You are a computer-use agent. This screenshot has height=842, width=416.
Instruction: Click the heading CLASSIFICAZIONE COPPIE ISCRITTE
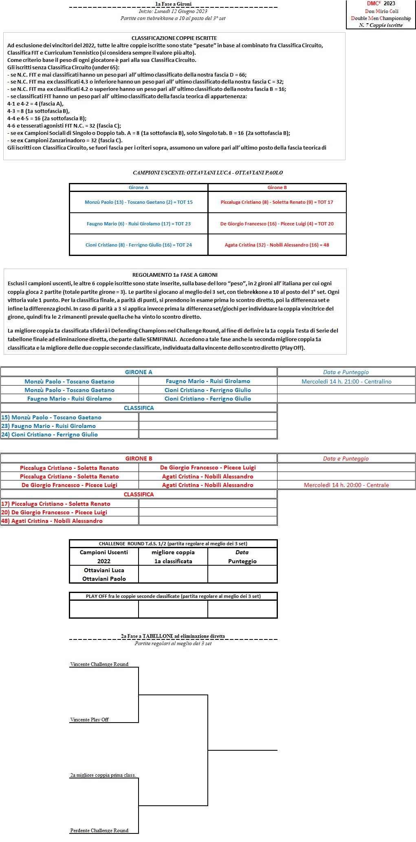pyautogui.click(x=174, y=38)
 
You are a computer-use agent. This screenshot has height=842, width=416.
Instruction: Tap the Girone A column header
pyautogui.click(x=139, y=187)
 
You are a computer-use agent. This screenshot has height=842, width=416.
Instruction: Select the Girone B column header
pyautogui.click(x=277, y=187)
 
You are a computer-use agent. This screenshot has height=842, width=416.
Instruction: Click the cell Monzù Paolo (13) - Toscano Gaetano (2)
pyautogui.click(x=139, y=202)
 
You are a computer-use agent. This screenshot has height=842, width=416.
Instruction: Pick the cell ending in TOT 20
pyautogui.click(x=277, y=224)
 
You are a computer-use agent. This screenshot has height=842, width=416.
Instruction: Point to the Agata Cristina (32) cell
pyautogui.click(x=277, y=245)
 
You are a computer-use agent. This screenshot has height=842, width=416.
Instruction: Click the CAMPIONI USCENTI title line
pyautogui.click(x=208, y=172)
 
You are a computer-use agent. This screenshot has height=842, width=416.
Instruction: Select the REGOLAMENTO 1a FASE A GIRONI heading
pyautogui.click(x=175, y=275)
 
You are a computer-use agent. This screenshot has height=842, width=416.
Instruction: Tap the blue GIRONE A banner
pyautogui.click(x=139, y=372)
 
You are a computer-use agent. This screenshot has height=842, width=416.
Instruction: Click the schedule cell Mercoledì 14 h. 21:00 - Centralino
pyautogui.click(x=346, y=381)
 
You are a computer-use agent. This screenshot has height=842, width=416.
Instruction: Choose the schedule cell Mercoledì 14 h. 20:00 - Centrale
pyautogui.click(x=346, y=485)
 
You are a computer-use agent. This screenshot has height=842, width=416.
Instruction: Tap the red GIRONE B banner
pyautogui.click(x=139, y=458)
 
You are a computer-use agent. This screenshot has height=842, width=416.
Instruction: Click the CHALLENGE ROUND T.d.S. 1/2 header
pyautogui.click(x=173, y=544)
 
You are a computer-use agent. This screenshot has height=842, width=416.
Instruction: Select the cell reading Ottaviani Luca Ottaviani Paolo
pyautogui.click(x=104, y=574)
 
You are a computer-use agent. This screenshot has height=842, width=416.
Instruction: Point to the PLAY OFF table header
pyautogui.click(x=173, y=596)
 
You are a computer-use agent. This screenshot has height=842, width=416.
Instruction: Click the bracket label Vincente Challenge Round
pyautogui.click(x=99, y=664)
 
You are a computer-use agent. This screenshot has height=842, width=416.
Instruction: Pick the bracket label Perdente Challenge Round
pyautogui.click(x=99, y=830)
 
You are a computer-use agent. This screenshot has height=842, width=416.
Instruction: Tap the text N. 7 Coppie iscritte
pyautogui.click(x=381, y=25)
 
